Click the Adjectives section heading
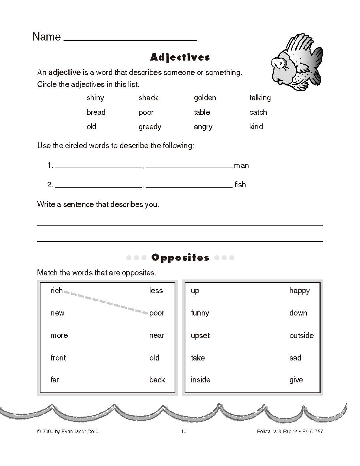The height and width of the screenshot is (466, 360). click(180, 57)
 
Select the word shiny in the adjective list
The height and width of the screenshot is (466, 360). click(95, 98)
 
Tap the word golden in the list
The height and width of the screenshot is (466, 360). click(205, 98)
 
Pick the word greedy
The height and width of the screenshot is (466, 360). click(150, 127)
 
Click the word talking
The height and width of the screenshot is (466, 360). click(260, 98)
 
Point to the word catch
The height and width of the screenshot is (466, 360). click(258, 112)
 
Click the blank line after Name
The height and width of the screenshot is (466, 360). click(130, 39)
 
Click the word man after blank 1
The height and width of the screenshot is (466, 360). click(241, 166)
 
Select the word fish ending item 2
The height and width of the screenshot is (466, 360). click(240, 185)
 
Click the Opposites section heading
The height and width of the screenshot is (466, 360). click(180, 258)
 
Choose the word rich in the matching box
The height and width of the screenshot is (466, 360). click(56, 291)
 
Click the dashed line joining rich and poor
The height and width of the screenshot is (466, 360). click(106, 302)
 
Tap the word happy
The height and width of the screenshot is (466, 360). click(299, 291)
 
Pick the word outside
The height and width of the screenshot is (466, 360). click(301, 336)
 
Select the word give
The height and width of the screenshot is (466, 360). click(296, 380)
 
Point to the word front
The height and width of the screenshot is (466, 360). click(58, 358)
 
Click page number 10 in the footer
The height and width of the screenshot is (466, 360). click(184, 431)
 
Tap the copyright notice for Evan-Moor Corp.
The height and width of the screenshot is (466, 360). click(68, 431)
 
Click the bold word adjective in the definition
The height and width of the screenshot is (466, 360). click(64, 72)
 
